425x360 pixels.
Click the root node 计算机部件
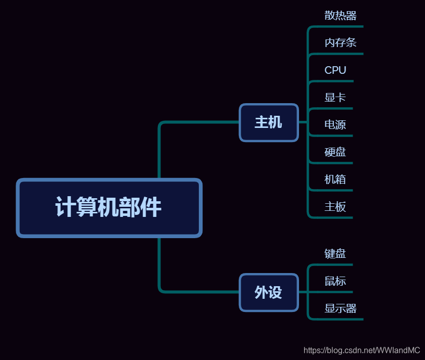coord(109,207)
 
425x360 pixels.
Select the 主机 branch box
coord(269,122)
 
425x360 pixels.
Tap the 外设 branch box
coord(269,292)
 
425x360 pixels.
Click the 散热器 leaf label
coord(341,15)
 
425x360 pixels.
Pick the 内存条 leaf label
coord(341,42)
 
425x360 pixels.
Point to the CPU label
coord(335,70)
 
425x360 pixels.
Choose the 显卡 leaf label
coord(335,98)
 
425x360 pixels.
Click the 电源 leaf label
coord(335,125)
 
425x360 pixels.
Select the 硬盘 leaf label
coord(335,152)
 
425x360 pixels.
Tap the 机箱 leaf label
coord(335,179)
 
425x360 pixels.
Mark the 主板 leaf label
coord(335,207)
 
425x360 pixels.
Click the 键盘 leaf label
coord(335,253)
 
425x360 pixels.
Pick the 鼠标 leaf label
coord(335,281)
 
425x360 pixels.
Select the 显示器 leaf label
coord(341,308)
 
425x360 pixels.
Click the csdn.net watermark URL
coord(361,350)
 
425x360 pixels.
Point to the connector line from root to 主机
coord(197,122)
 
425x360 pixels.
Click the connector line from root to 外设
coord(197,292)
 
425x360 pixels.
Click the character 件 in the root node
coord(152,207)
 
